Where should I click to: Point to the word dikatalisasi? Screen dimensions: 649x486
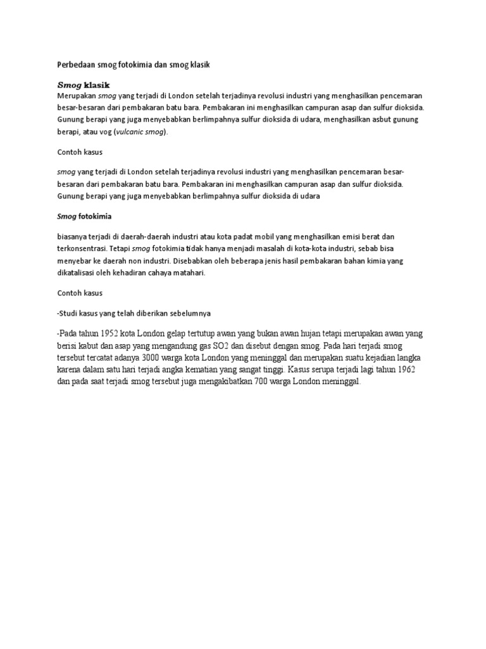[x=78, y=274]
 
